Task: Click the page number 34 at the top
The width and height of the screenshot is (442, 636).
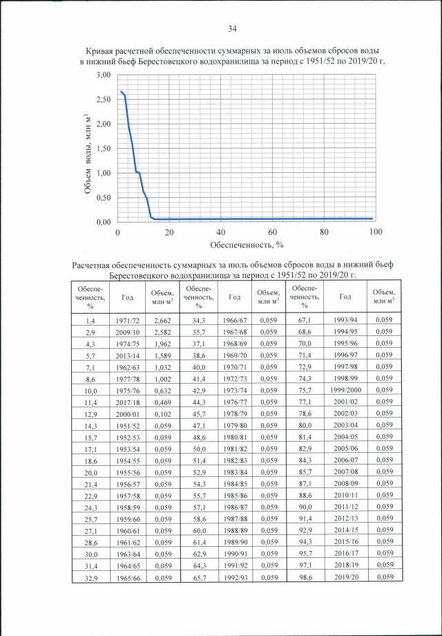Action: [232, 28]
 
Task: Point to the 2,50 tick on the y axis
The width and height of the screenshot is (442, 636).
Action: [104, 100]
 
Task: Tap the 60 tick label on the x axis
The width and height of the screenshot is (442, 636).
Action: [273, 232]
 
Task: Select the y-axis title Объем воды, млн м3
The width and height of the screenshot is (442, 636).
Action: [88, 153]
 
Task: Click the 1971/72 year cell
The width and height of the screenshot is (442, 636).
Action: [128, 321]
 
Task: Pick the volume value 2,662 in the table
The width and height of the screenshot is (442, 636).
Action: [162, 321]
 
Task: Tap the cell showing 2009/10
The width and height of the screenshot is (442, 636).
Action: [128, 333]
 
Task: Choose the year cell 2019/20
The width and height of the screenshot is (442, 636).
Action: [345, 577]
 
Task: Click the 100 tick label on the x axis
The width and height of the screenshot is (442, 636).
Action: [376, 232]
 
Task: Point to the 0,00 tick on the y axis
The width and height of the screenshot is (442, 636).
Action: [104, 223]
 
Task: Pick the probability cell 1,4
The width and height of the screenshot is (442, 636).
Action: [90, 321]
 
